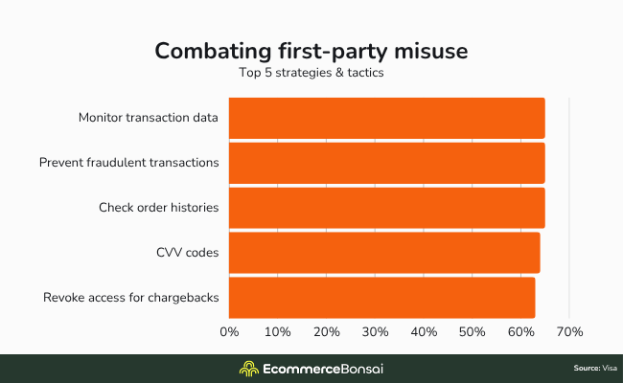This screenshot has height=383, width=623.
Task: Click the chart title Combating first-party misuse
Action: point(311,50)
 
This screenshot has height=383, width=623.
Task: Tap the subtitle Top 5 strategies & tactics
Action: point(311,72)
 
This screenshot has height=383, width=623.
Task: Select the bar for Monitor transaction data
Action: point(386,118)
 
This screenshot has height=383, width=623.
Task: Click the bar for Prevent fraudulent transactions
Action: point(386,163)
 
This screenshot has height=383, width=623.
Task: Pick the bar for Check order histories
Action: point(386,208)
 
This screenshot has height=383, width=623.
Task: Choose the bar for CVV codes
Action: point(384,253)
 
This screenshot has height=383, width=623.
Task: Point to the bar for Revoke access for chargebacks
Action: point(381,298)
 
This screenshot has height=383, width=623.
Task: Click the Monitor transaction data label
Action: point(149,118)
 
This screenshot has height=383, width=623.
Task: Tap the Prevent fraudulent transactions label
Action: point(129,163)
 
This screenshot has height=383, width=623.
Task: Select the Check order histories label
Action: point(158,208)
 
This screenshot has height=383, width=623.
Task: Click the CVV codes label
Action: point(187,253)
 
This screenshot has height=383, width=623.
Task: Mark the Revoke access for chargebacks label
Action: point(131,298)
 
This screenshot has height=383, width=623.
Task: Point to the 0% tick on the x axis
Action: point(229,332)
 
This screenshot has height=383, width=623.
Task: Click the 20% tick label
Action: point(327,332)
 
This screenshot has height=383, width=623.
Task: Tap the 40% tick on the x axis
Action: point(424,332)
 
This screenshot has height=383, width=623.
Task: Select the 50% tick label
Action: point(473,332)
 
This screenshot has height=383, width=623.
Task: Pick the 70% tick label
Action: point(569,332)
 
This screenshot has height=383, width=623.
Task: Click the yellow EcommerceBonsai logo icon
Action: point(248,369)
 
